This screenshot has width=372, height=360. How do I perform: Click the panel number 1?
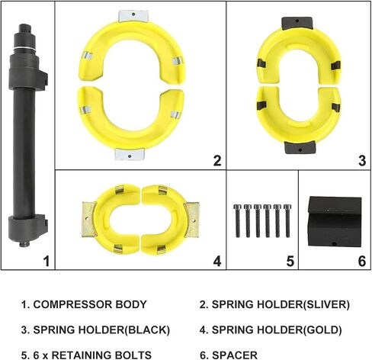click(46, 261)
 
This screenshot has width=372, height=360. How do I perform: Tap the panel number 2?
click(217, 161)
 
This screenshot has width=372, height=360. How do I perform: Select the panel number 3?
click(362, 161)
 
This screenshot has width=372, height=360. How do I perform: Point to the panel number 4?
click(217, 261)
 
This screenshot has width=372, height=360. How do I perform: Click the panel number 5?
click(290, 261)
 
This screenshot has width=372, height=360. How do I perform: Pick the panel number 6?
click(362, 261)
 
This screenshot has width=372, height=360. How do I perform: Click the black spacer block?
click(335, 221)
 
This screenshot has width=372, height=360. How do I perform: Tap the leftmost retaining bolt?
click(237, 220)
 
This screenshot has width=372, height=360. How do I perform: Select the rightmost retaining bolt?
click(287, 220)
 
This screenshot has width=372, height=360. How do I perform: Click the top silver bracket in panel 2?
click(133, 16)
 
